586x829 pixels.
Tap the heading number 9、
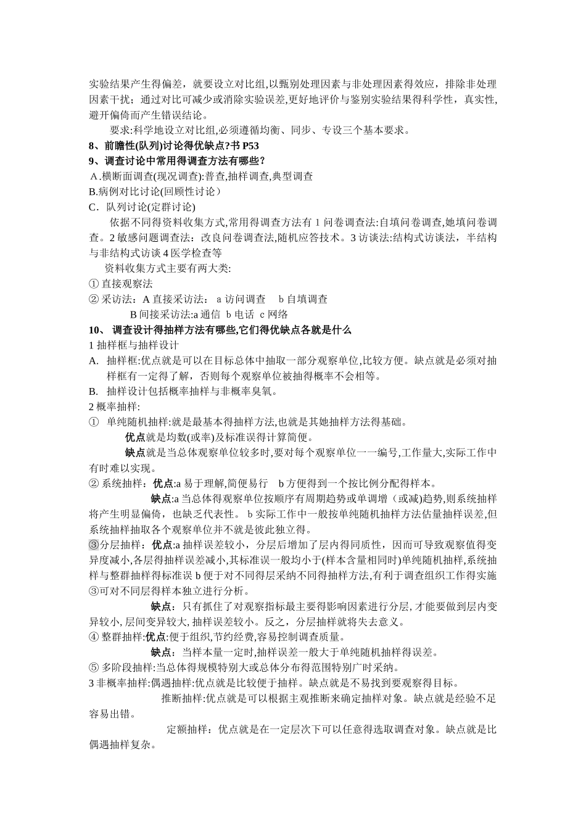[96, 161]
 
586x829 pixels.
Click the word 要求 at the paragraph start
[120, 130]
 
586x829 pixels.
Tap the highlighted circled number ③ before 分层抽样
[94, 545]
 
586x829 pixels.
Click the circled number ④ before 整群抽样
[94, 637]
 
